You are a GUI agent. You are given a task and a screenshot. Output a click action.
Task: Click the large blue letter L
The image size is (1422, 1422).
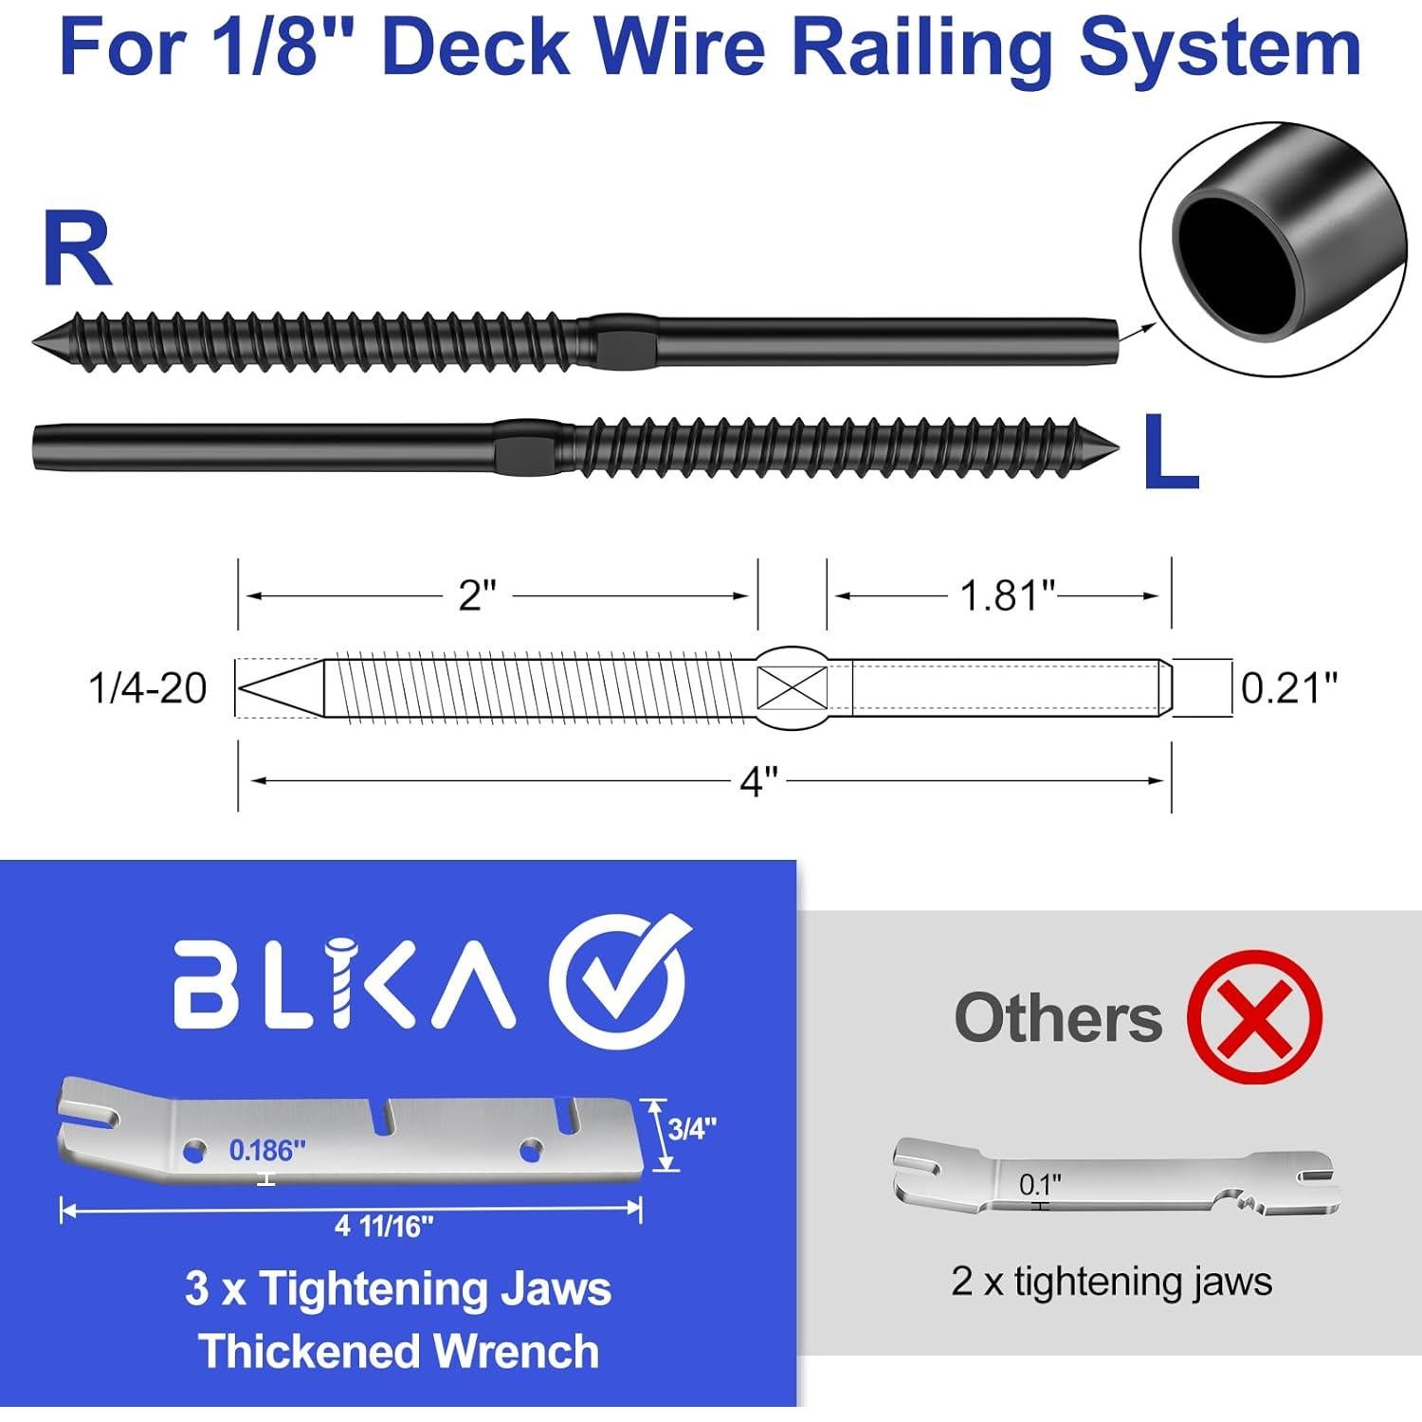(x=1170, y=454)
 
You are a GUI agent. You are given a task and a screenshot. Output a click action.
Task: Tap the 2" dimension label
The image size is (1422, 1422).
(x=477, y=596)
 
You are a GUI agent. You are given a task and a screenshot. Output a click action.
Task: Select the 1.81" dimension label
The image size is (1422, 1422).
(x=1007, y=596)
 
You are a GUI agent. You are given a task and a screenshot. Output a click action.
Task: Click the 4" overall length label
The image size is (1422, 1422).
(x=758, y=782)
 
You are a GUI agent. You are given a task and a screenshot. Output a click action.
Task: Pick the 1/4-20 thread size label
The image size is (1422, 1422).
(x=148, y=688)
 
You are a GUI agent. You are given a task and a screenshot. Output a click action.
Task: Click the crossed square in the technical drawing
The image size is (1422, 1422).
(x=793, y=687)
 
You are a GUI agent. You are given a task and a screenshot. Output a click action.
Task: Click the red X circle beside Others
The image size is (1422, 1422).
(x=1254, y=1018)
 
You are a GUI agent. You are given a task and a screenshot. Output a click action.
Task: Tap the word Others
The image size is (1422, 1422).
(x=1058, y=1018)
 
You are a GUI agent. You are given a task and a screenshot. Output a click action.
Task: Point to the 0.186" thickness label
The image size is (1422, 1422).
(x=267, y=1151)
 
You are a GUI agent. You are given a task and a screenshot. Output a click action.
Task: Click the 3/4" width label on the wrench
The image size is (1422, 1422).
(x=692, y=1128)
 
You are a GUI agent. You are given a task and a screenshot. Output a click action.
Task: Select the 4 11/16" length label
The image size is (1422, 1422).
(x=384, y=1227)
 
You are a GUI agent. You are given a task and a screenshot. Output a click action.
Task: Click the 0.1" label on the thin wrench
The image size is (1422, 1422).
(x=1040, y=1184)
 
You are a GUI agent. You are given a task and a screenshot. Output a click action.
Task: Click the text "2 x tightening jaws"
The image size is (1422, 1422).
(x=1111, y=1282)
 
